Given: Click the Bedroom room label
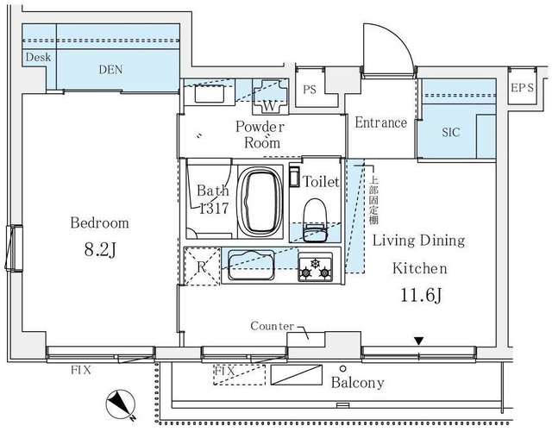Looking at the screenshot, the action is click(x=100, y=222).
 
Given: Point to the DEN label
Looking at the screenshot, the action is click(x=110, y=69).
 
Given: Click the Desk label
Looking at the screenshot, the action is click(x=38, y=57).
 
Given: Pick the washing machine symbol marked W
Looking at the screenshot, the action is click(x=270, y=97).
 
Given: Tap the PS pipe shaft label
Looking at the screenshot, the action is click(x=310, y=90).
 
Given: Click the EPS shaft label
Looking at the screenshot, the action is click(x=522, y=88).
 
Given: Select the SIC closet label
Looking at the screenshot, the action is click(x=451, y=132).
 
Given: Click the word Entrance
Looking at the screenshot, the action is click(x=380, y=122).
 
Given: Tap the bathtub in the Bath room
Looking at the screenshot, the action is click(x=260, y=201).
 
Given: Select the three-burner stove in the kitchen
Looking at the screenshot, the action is click(x=316, y=266).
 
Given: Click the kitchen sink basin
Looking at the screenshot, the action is click(x=251, y=265).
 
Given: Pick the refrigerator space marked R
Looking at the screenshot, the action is click(x=202, y=266).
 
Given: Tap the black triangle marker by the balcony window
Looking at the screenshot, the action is click(x=418, y=341).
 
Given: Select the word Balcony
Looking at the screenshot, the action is click(x=357, y=382).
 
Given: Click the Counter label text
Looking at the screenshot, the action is click(x=272, y=326).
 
